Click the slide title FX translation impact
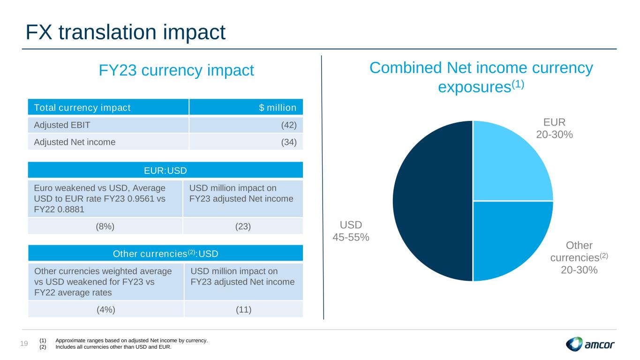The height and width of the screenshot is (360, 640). [126, 32]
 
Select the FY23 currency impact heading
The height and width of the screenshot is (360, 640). [176, 71]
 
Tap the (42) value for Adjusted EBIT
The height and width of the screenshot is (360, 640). [288, 125]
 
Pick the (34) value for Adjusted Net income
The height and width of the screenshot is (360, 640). [288, 141]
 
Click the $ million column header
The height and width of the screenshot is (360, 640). [278, 108]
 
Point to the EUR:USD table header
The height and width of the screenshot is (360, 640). [166, 170]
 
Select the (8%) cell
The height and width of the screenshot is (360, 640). [105, 226]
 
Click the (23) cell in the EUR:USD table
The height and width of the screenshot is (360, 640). [243, 226]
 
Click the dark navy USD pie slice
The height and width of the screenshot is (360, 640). [431, 202]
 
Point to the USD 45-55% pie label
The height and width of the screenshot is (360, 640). [351, 231]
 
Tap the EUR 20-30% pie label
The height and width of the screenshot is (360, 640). [554, 128]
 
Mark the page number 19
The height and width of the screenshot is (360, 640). [24, 344]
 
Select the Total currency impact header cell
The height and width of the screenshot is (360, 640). [82, 108]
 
